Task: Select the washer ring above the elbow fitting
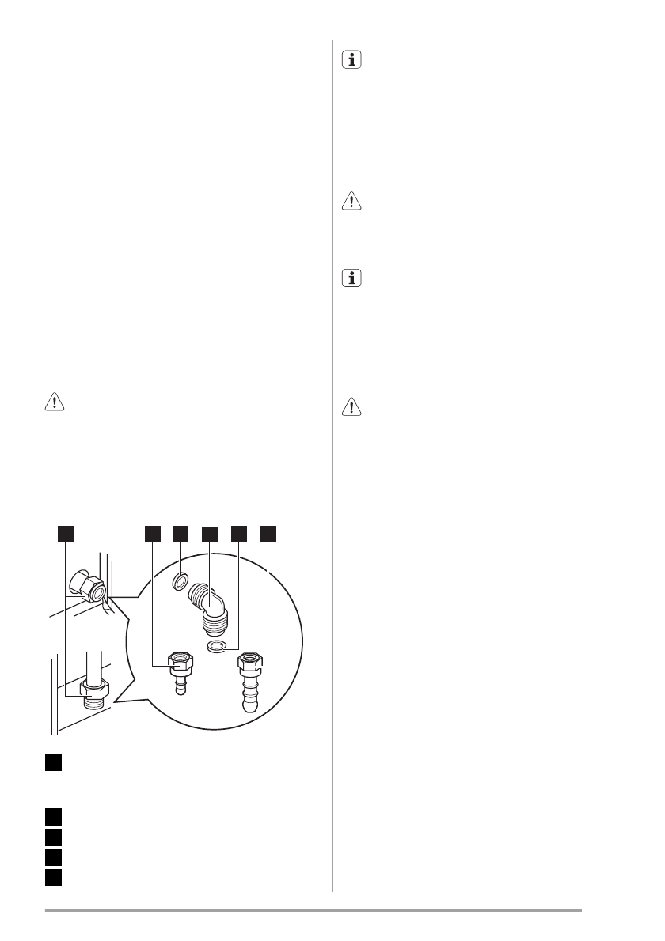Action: tap(180, 584)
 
